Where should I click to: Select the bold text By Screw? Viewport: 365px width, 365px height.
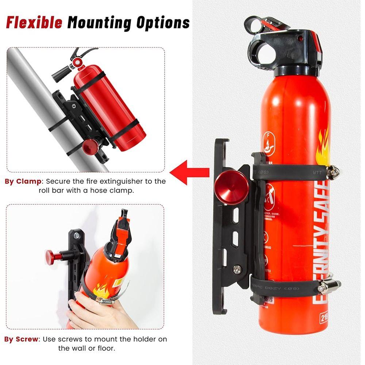[21, 339]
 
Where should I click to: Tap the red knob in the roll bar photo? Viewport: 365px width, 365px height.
[90, 147]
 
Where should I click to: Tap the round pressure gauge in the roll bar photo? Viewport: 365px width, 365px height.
[77, 62]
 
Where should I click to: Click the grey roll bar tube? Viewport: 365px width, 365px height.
[33, 84]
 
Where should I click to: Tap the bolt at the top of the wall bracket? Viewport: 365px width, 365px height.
[77, 236]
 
